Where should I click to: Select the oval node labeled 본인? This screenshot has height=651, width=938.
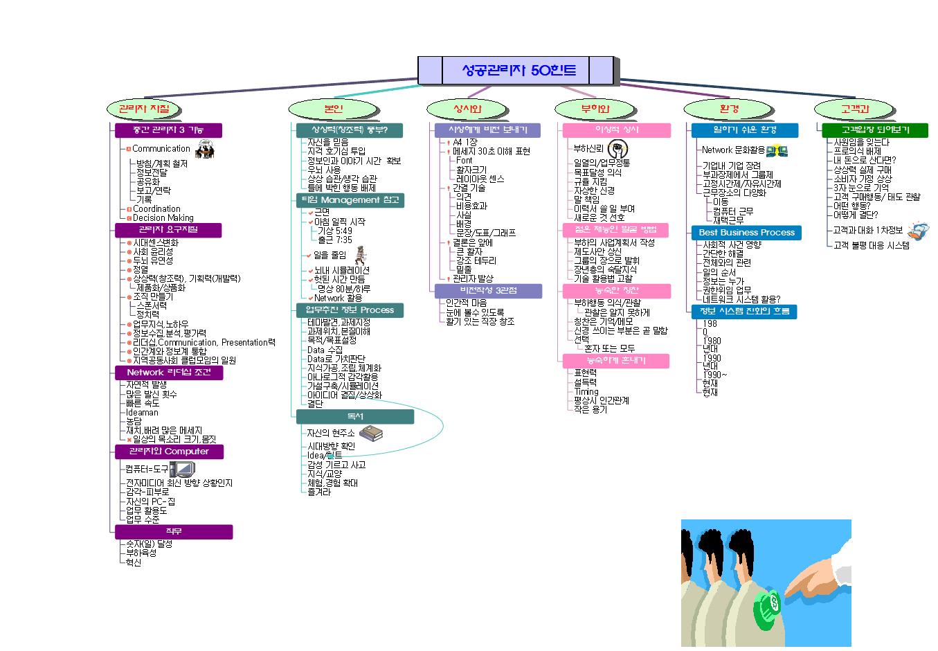(x=333, y=109)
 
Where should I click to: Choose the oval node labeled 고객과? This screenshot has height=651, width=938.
(x=855, y=109)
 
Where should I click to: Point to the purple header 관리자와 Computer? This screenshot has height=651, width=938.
(x=169, y=452)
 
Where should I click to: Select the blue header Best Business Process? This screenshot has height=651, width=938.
(x=746, y=233)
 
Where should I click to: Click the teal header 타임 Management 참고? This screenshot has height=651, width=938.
(x=349, y=200)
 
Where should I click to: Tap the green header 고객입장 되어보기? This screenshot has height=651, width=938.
(x=875, y=130)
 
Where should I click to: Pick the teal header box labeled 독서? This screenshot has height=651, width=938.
(x=354, y=416)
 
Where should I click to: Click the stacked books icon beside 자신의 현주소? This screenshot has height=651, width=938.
(x=371, y=433)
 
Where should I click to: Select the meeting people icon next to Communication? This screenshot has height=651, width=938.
(x=204, y=149)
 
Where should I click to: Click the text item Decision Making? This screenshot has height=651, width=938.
(x=163, y=217)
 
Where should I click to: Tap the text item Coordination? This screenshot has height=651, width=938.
(x=156, y=208)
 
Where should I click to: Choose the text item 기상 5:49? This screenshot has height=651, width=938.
(x=335, y=231)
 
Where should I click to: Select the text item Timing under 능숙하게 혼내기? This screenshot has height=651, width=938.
(x=586, y=391)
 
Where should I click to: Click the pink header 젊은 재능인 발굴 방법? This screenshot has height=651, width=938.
(x=616, y=230)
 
